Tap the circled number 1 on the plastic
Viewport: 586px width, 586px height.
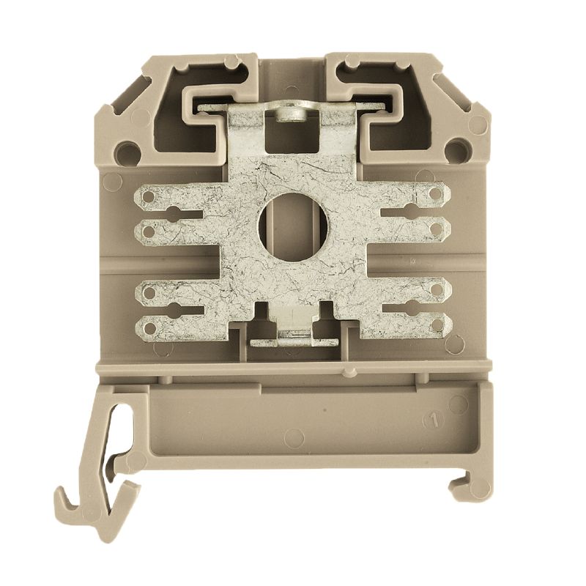tap(434, 420)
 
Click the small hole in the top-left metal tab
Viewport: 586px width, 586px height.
tap(149, 196)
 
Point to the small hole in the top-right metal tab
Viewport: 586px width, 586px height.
tap(437, 193)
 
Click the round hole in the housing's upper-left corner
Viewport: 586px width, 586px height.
tap(128, 152)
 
